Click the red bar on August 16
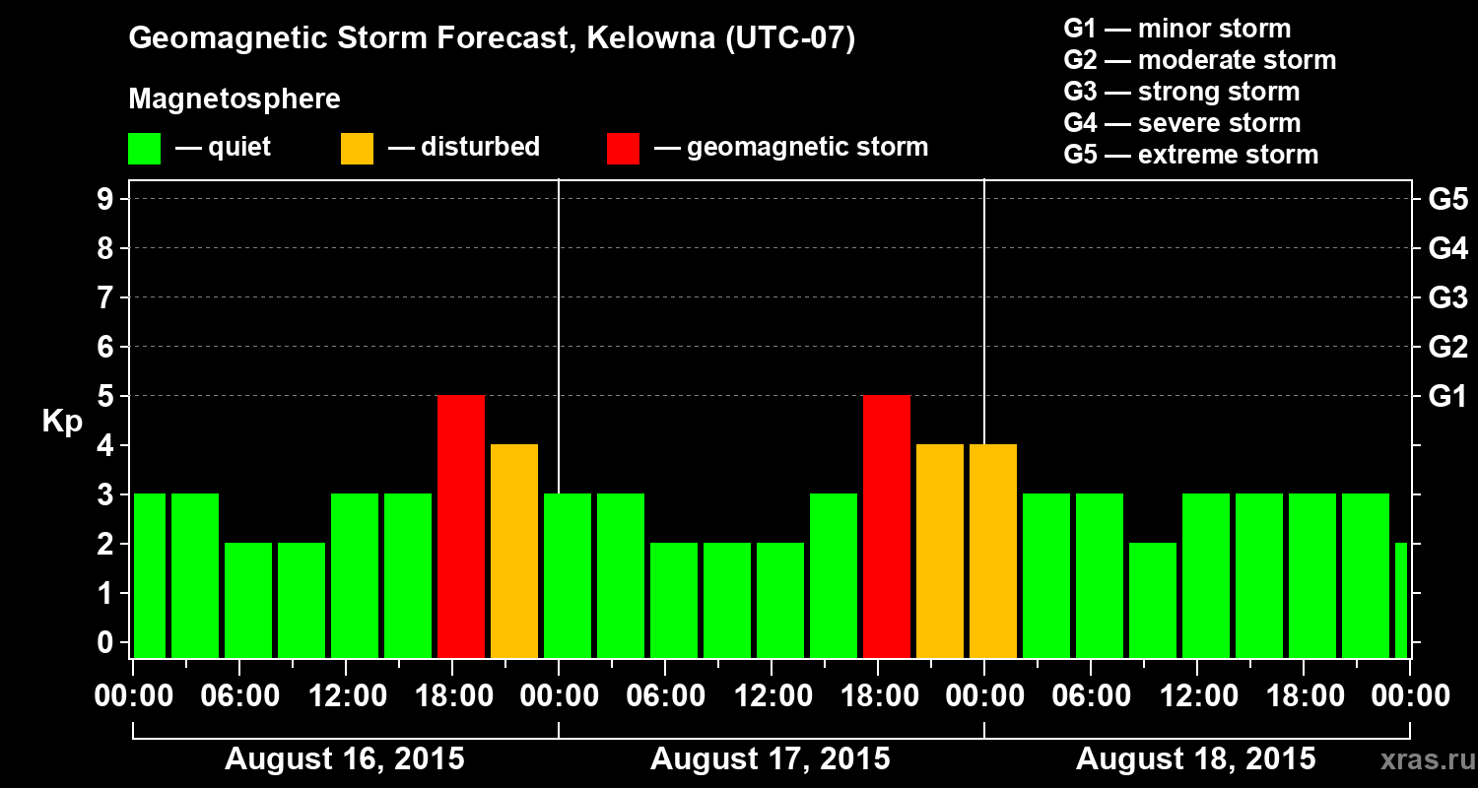461,526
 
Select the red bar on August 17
887,526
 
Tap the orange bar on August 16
514,551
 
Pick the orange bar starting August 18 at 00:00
993,551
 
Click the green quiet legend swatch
145,149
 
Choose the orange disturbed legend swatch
357,149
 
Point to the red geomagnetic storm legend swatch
623,149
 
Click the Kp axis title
62,423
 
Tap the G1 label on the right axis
1447,397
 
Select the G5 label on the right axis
1447,200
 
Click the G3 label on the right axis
1447,298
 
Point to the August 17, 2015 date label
770,759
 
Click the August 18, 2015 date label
1195,759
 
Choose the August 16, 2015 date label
344,759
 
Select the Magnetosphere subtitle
235,99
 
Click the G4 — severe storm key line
1182,123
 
